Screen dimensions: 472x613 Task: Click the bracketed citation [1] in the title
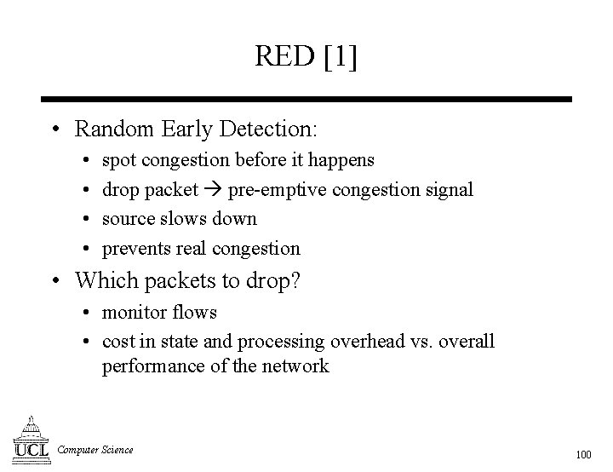(x=340, y=57)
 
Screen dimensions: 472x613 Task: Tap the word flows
(x=195, y=312)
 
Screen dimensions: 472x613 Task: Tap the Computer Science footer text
(x=95, y=450)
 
